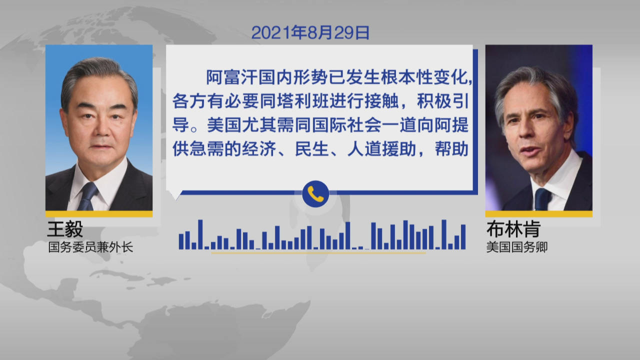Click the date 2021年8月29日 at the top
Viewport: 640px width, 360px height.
310,32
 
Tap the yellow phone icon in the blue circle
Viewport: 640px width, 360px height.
315,194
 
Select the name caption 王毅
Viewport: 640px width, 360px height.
65,229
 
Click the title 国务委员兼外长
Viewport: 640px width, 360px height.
90,247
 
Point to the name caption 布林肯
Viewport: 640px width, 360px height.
513,229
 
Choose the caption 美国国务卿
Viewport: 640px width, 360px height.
517,247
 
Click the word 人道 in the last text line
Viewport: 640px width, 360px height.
364,149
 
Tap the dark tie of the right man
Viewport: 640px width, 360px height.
542,199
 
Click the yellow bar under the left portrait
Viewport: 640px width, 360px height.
99,214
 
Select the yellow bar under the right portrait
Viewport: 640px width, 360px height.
539,214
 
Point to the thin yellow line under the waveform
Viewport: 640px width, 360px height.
318,253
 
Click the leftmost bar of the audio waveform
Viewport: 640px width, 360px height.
181,241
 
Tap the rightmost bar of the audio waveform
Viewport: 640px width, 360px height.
463,237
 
